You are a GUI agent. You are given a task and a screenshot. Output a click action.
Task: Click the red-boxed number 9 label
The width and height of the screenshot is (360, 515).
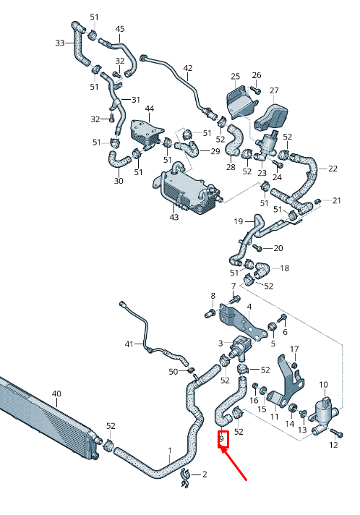tap(223, 439)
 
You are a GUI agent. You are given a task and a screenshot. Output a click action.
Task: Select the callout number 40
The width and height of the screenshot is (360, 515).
tap(57, 394)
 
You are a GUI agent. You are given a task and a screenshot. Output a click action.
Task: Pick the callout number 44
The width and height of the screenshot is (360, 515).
tap(150, 109)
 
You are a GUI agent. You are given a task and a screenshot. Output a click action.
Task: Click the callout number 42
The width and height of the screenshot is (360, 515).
tap(188, 69)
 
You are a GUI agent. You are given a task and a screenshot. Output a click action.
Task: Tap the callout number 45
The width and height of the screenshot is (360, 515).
tap(120, 29)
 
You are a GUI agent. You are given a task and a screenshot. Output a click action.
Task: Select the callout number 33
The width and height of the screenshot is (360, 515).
tap(61, 43)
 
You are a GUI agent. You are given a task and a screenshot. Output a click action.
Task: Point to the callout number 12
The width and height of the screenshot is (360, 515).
tap(333, 445)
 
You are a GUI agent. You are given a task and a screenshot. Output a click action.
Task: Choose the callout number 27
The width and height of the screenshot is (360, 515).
tap(274, 90)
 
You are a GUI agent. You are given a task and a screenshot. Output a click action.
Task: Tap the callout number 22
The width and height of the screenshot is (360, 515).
tap(333, 169)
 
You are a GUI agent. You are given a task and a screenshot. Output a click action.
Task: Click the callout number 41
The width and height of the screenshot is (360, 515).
tap(129, 344)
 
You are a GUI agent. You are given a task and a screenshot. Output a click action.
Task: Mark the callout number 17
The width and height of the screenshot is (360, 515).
tap(294, 349)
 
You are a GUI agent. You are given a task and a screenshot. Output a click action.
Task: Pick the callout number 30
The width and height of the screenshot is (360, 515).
tap(119, 181)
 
